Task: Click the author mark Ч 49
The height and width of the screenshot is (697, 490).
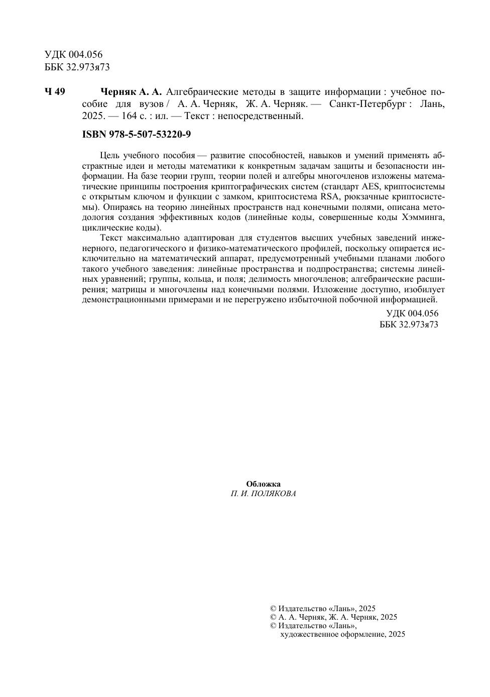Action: [x=55, y=92]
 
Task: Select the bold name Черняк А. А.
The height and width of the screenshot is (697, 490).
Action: [x=131, y=92]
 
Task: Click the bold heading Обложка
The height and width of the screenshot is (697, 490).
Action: [x=263, y=484]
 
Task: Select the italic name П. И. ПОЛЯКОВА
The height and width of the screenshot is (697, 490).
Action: [x=263, y=494]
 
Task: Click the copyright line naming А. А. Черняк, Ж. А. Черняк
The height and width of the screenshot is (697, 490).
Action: [x=333, y=617]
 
